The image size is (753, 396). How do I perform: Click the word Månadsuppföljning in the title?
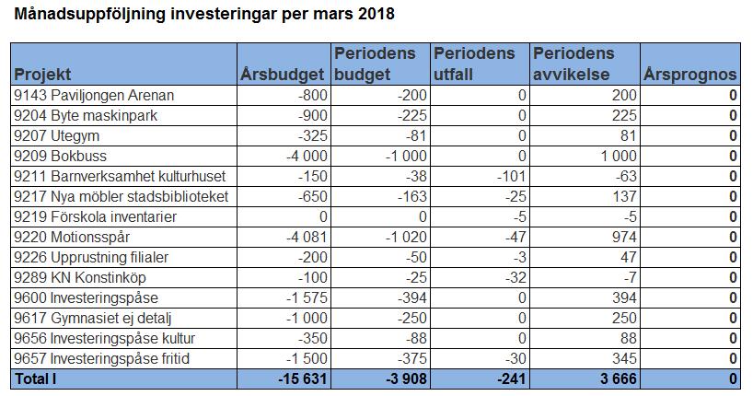pyautogui.click(x=90, y=14)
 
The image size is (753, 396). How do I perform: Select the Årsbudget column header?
pyautogui.click(x=283, y=75)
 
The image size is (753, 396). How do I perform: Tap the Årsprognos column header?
pyautogui.click(x=689, y=75)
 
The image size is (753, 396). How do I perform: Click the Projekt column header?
pyautogui.click(x=42, y=75)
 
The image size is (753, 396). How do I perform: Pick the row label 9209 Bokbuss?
pyautogui.click(x=60, y=157)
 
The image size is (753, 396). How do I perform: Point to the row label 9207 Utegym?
pyautogui.click(x=57, y=136)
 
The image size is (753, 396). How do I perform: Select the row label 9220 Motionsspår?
pyautogui.click(x=72, y=237)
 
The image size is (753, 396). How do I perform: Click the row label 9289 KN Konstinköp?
pyautogui.click(x=80, y=277)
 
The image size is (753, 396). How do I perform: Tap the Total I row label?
pyautogui.click(x=36, y=379)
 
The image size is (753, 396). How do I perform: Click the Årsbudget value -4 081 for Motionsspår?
pyautogui.click(x=307, y=237)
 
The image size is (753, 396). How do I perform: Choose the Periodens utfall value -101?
pyautogui.click(x=512, y=177)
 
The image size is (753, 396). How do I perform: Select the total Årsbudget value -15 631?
pyautogui.click(x=303, y=379)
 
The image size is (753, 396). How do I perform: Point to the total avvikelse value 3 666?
pyautogui.click(x=619, y=379)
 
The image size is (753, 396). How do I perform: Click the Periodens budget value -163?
pyautogui.click(x=412, y=196)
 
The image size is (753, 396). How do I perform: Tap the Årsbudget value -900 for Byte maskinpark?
pyautogui.click(x=313, y=116)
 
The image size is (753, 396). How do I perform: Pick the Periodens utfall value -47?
pyautogui.click(x=515, y=237)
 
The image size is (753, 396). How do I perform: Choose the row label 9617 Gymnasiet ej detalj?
pyautogui.click(x=93, y=318)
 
